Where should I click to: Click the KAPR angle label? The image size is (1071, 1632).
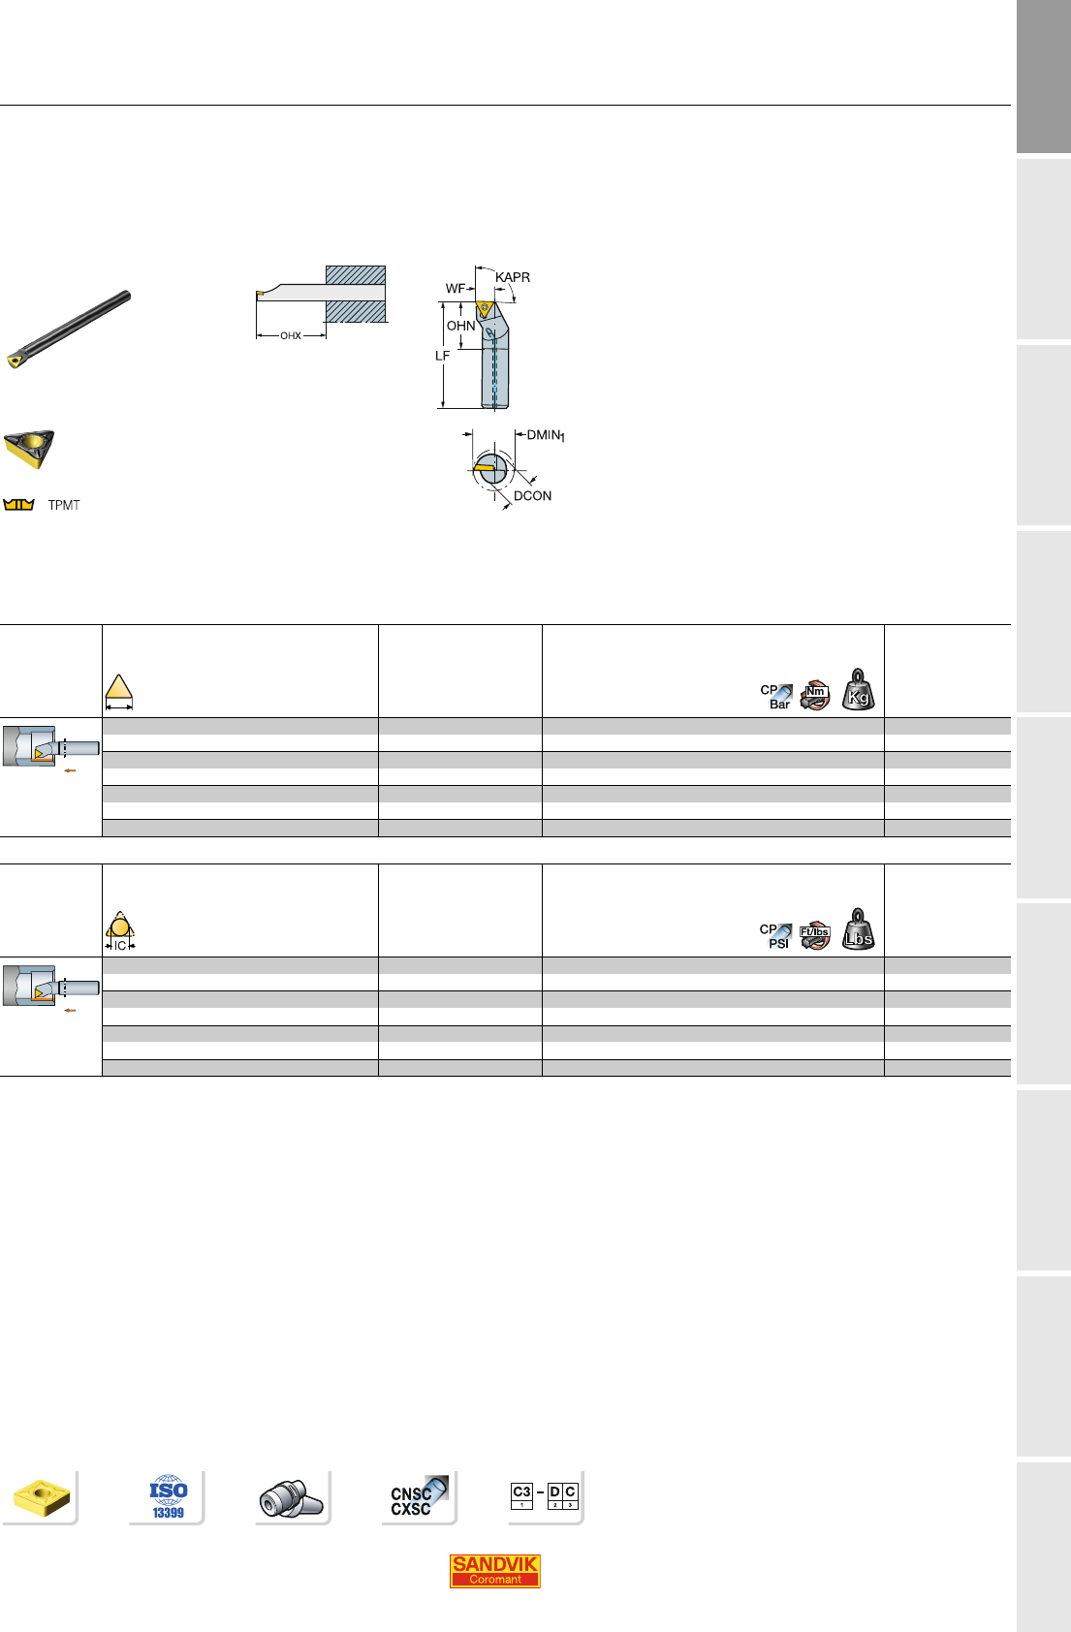(x=512, y=277)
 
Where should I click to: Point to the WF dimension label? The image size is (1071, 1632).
(x=455, y=289)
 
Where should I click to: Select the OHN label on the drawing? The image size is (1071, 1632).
(x=460, y=326)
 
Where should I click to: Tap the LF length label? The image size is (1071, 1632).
(x=442, y=356)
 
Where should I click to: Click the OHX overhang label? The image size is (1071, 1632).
(x=291, y=336)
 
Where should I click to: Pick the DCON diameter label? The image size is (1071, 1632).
(x=532, y=496)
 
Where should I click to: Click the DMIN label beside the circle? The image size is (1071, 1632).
(x=546, y=436)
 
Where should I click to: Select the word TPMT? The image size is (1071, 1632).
(x=64, y=505)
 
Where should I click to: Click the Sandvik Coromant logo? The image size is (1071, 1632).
(x=494, y=1570)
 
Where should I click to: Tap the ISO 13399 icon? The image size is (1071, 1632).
(x=169, y=1496)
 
